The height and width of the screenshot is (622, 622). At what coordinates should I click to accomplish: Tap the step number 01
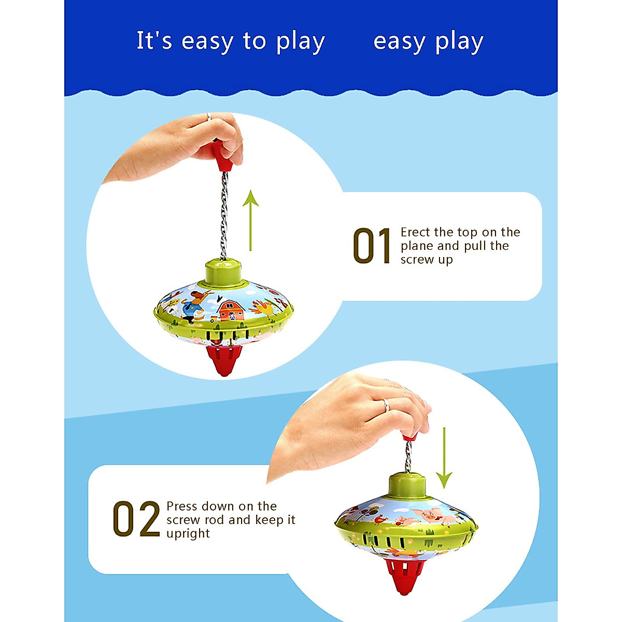coord(372,247)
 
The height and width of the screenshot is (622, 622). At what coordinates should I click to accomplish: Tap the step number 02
coord(136,519)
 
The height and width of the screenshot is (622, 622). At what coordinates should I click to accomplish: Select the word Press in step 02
coord(182,506)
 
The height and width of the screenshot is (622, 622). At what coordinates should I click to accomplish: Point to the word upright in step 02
coord(188,533)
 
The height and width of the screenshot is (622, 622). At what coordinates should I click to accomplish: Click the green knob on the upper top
coord(223,273)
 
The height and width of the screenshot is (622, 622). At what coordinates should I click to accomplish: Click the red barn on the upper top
coord(231,310)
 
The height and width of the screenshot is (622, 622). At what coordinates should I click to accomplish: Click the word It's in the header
coord(154,41)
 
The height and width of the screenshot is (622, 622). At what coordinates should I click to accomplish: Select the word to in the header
coord(254,41)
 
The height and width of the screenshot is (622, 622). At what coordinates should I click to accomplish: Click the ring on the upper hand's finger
coord(208,117)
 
